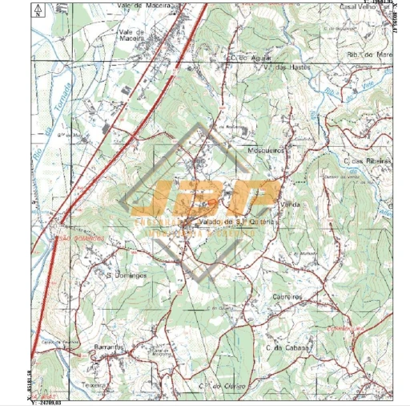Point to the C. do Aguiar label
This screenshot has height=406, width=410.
coord(247,58)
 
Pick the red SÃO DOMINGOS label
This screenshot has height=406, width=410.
coord(80,239)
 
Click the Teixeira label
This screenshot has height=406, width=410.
coord(93,384)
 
